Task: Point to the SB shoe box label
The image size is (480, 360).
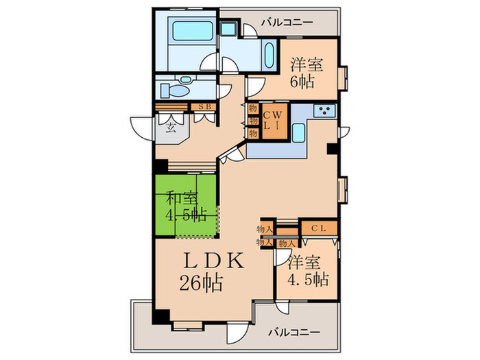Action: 204,106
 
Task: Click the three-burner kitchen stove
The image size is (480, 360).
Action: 324,110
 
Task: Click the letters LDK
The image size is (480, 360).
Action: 213,261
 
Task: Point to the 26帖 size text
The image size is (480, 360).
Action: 202,283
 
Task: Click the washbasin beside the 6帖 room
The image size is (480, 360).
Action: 269,53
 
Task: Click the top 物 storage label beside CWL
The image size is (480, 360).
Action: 252,109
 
